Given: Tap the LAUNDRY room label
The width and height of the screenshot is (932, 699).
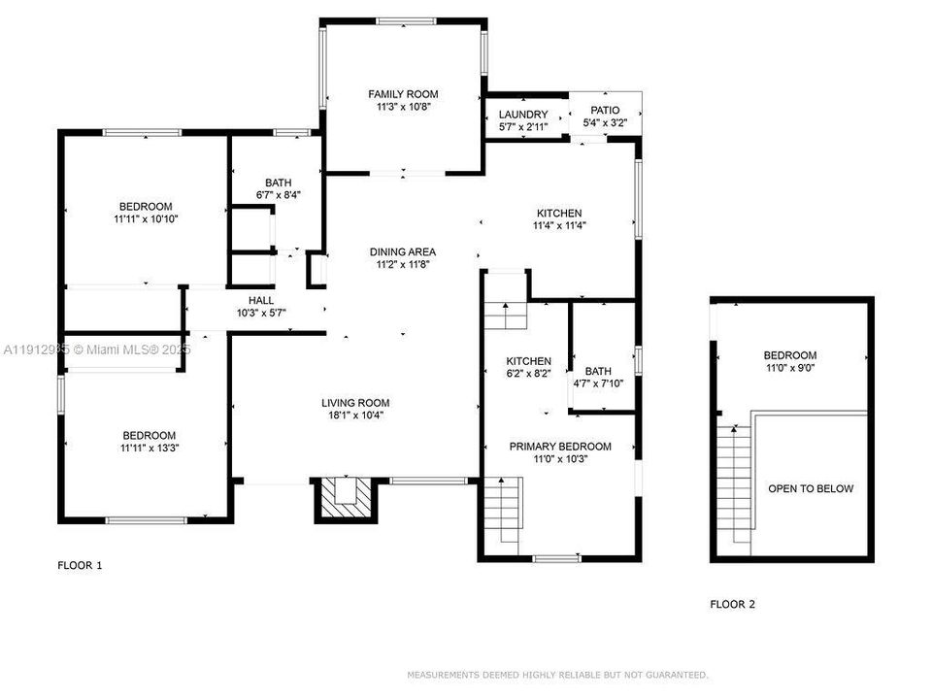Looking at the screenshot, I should (522, 115).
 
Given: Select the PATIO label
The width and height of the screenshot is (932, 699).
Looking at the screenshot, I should (599, 111).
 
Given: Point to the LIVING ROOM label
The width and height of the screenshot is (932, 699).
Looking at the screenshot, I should (355, 403).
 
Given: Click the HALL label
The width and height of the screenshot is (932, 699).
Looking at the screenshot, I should (261, 301).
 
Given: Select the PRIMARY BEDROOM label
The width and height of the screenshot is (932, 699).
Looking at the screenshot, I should (561, 447).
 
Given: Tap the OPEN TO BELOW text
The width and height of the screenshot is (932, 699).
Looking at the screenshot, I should (811, 488).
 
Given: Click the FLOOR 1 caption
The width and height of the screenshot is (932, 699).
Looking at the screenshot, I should (80, 565).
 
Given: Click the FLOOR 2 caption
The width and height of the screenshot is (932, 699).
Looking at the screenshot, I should (732, 604).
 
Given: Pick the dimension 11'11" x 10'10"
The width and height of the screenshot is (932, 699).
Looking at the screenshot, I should (146, 219).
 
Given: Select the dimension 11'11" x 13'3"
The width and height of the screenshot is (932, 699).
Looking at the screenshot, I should (149, 449).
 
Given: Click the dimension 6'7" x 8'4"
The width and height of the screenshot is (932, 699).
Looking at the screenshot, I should (279, 195).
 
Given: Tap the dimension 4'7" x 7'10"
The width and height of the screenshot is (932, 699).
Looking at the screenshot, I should (598, 383).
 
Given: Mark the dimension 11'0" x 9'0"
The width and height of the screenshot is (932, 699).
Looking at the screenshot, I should (789, 369).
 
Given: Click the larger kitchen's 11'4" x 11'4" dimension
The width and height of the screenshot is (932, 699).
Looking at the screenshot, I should (559, 225).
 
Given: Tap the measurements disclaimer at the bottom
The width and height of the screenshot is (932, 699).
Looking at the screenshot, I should (557, 674).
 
